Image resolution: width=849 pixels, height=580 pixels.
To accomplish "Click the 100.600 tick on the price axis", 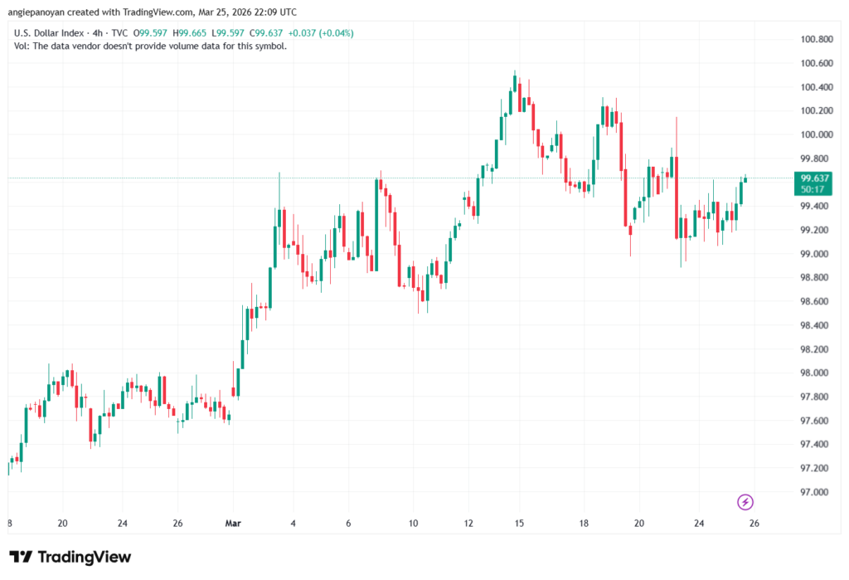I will click(815, 63).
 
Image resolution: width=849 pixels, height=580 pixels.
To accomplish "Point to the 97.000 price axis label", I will click(815, 492).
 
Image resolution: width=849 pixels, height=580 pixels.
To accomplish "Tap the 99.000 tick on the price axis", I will click(815, 254).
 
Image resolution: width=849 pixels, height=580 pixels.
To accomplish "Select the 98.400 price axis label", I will click(815, 325).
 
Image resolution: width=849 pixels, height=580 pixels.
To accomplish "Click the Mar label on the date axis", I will click(234, 523).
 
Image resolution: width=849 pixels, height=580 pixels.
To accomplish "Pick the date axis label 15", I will click(519, 523).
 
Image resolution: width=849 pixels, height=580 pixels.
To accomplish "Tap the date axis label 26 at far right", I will click(754, 523).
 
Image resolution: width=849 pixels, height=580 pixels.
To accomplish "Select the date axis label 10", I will click(413, 523).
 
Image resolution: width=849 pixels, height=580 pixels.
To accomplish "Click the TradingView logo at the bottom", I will click(70, 557).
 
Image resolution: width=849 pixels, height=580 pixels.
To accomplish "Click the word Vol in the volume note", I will click(22, 46).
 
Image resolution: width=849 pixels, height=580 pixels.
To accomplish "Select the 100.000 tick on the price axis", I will click(815, 134).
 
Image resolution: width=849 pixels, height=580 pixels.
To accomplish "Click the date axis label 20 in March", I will click(639, 523).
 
